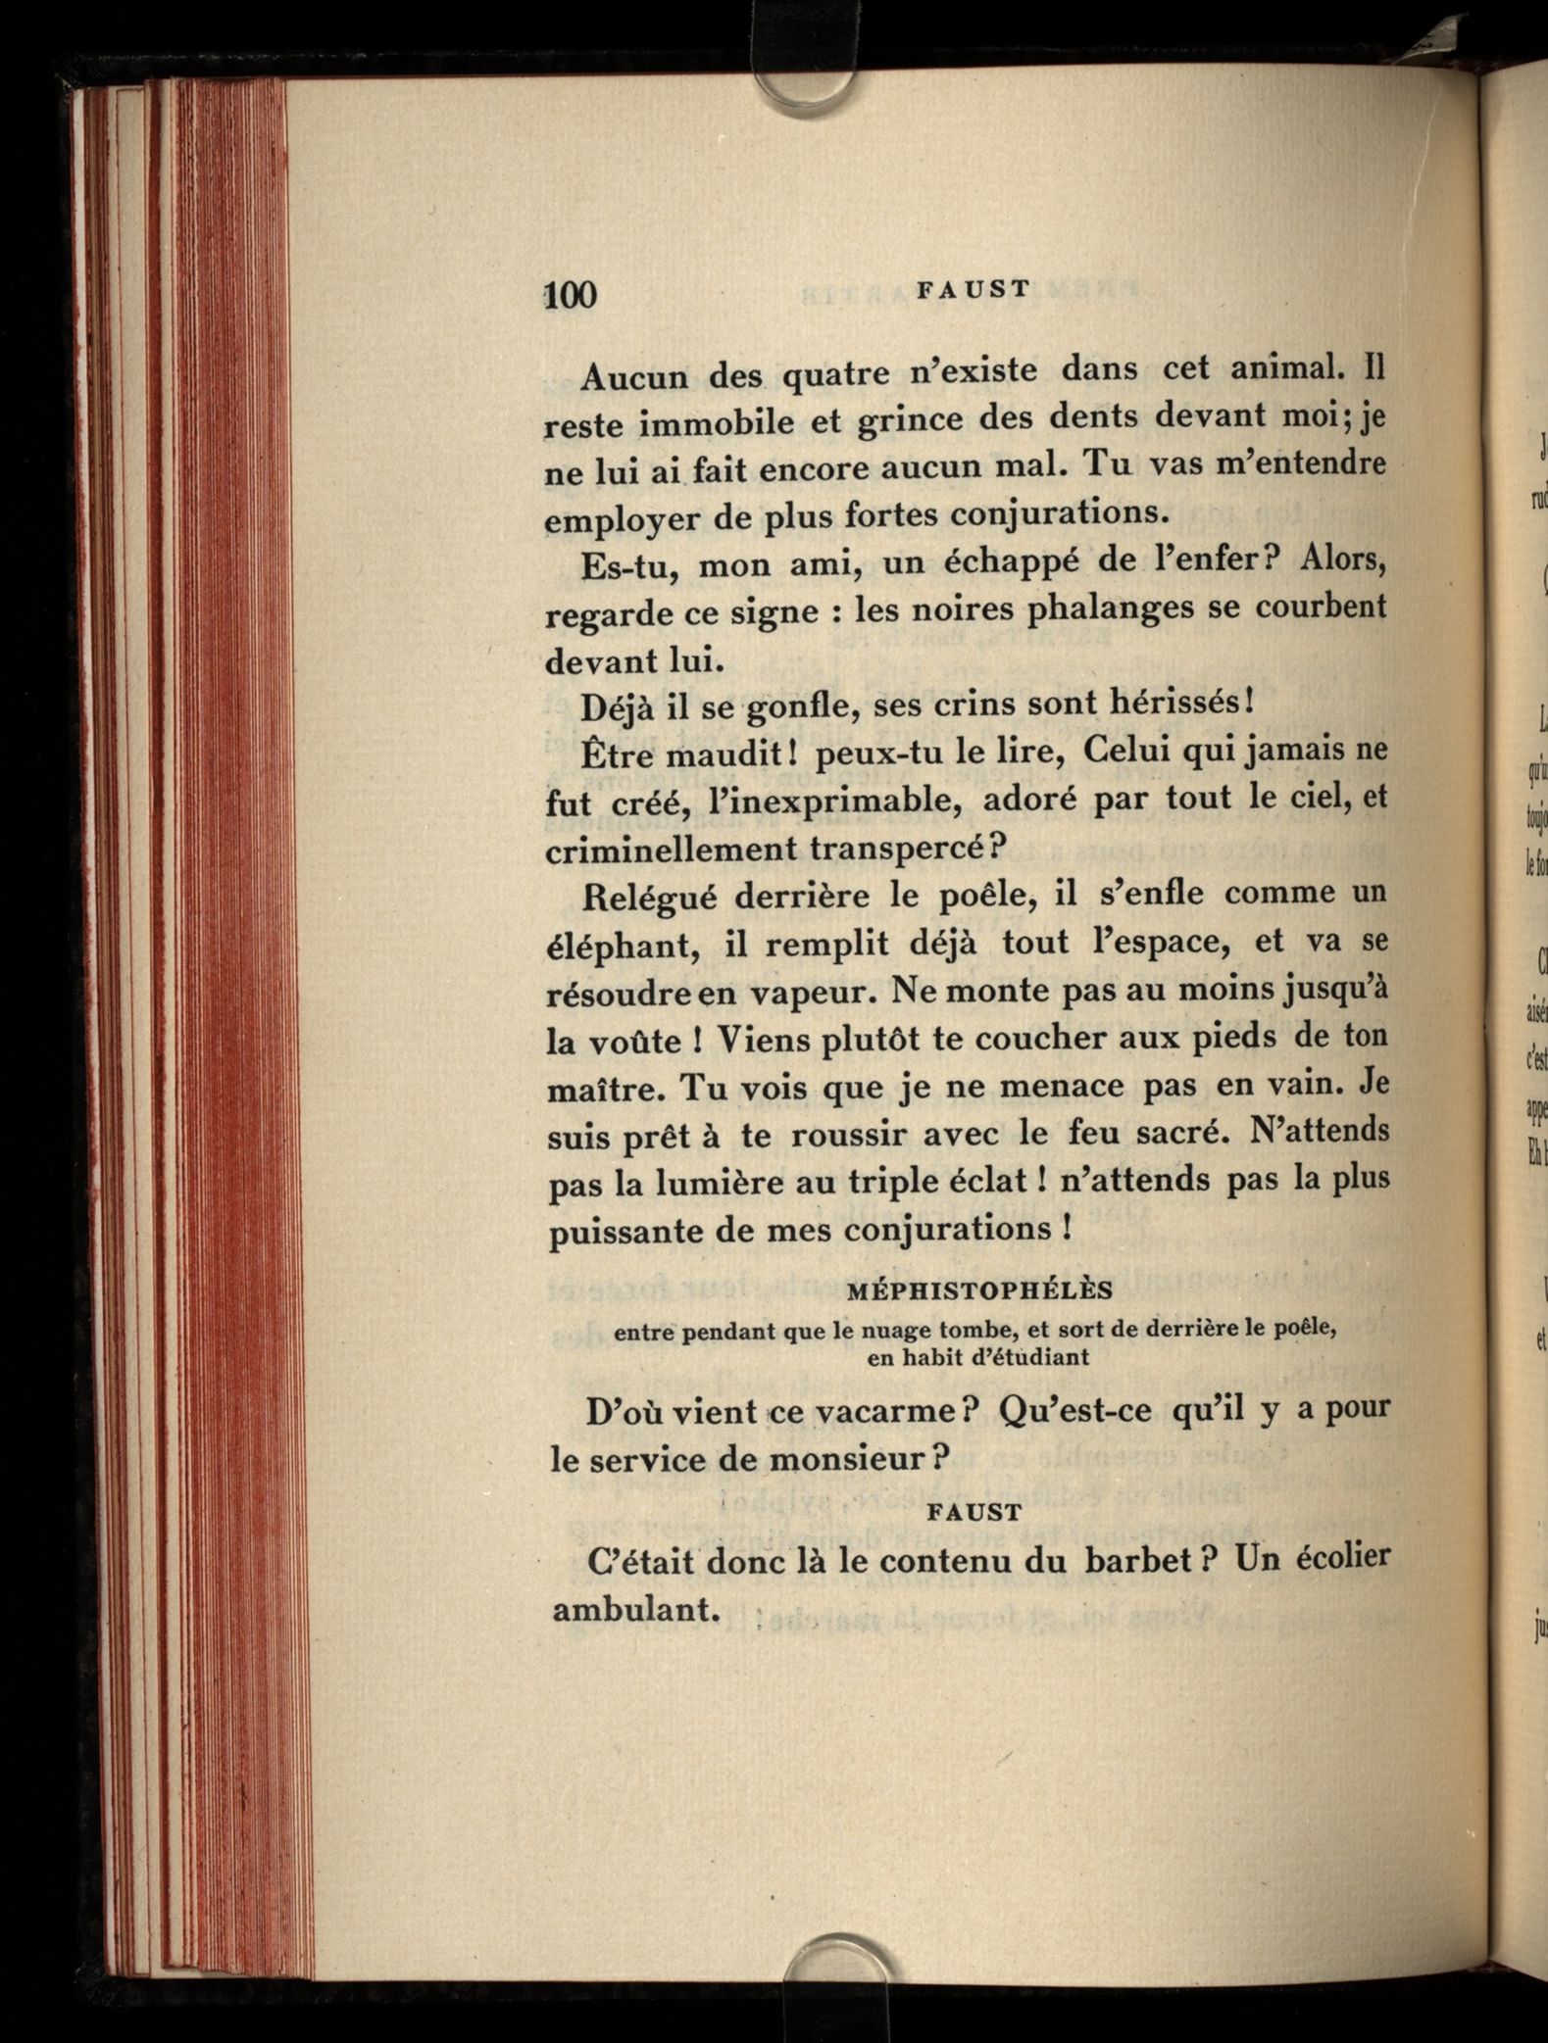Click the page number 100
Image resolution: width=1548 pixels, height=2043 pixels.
tap(570, 294)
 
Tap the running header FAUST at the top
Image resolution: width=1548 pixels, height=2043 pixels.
tap(974, 288)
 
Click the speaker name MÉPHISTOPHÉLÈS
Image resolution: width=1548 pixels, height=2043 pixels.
tap(979, 1290)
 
